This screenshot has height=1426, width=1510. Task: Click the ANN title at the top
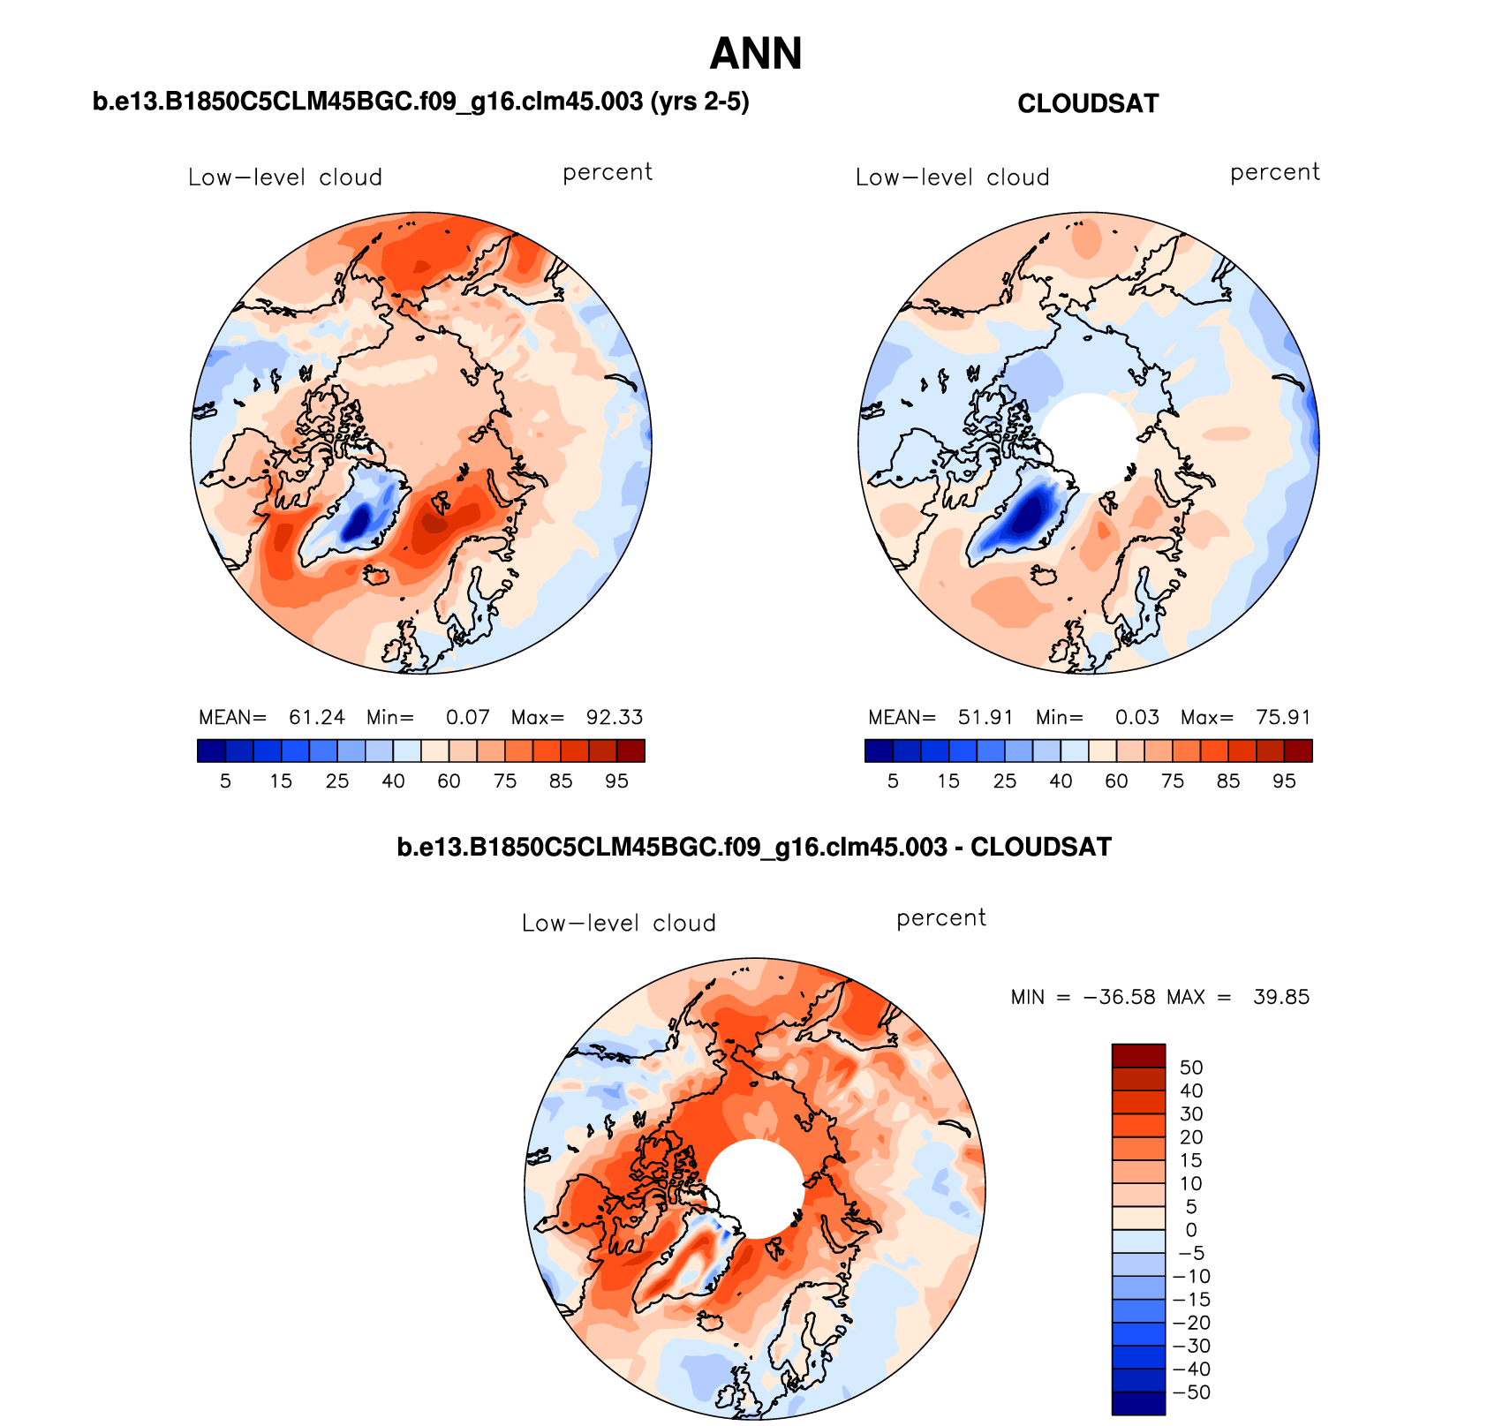coord(756,54)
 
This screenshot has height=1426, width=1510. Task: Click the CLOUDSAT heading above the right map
coord(1087,103)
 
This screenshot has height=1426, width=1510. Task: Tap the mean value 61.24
coord(316,717)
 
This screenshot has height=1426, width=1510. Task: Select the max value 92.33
coord(615,717)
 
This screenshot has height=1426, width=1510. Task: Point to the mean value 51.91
coord(985,717)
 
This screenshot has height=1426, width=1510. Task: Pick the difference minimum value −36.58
coord(1119,997)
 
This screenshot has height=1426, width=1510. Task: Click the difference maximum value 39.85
coord(1281,997)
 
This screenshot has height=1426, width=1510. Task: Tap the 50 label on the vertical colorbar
coord(1191,1068)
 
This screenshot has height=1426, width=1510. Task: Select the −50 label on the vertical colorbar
coord(1191,1392)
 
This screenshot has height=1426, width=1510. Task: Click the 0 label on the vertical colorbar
coord(1191,1230)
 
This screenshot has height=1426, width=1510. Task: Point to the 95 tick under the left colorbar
coord(616,781)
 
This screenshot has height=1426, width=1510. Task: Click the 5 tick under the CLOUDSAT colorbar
coord(893,781)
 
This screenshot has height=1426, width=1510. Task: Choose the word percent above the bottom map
coord(940,918)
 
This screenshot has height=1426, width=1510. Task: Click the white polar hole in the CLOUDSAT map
coord(1088,441)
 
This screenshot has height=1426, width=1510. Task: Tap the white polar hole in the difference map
coord(755,1188)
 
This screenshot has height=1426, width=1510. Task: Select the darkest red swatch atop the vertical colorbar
coord(1138,1055)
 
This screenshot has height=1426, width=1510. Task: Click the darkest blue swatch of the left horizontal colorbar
coord(212,751)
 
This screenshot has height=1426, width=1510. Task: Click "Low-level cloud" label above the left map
coord(285,177)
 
